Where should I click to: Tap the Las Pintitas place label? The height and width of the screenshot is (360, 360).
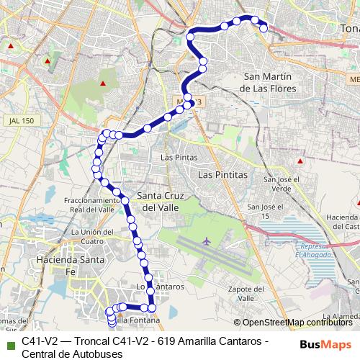pyautogui.click(x=222, y=174)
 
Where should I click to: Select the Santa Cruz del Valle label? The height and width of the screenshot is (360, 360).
pyautogui.click(x=161, y=201)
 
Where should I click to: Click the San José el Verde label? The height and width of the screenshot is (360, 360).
pyautogui.click(x=277, y=184)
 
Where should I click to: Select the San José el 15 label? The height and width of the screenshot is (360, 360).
pyautogui.click(x=264, y=211)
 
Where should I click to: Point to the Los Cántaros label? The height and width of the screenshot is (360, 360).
pyautogui.click(x=156, y=287)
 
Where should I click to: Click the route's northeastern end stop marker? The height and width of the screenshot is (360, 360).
pyautogui.click(x=264, y=28)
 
